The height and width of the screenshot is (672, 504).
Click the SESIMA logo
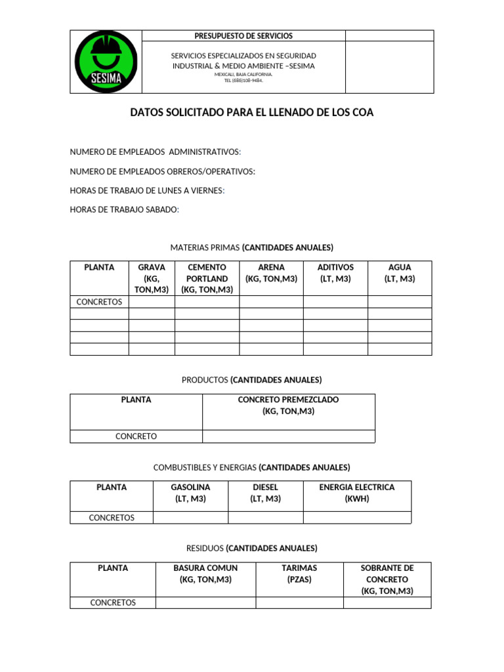click(x=106, y=62)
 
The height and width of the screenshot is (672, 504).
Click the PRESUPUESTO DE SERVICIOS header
click(x=243, y=36)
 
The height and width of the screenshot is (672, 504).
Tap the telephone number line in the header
click(x=243, y=81)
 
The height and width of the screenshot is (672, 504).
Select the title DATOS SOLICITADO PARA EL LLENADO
click(x=252, y=113)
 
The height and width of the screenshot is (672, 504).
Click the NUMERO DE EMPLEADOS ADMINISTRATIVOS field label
click(x=156, y=152)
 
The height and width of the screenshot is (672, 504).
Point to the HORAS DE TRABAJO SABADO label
click(x=124, y=209)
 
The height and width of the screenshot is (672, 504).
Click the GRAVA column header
click(x=152, y=278)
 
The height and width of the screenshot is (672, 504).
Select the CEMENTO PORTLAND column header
click(x=207, y=278)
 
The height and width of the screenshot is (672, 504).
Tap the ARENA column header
click(x=271, y=273)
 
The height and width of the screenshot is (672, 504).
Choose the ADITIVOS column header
click(x=335, y=273)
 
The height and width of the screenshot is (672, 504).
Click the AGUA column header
click(x=400, y=273)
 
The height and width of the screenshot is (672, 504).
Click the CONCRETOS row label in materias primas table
click(x=99, y=302)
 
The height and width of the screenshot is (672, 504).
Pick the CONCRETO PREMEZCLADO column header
click(x=289, y=406)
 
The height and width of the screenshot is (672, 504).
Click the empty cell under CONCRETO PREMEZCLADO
click(x=289, y=436)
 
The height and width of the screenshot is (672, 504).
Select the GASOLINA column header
click(x=190, y=493)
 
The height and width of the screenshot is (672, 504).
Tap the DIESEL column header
click(x=265, y=493)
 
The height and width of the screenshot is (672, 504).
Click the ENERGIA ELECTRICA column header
click(x=357, y=493)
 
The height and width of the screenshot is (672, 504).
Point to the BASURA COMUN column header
click(x=205, y=574)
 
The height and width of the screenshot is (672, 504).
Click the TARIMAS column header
click(x=299, y=574)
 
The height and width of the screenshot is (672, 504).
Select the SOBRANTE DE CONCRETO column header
click(x=387, y=579)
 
